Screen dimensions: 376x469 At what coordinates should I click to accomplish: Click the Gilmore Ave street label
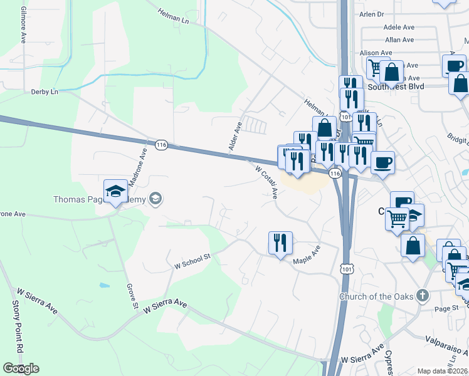[x=23, y=25]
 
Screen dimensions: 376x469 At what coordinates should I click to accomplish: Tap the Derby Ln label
[x=45, y=91]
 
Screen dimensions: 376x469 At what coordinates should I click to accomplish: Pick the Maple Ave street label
[x=307, y=254]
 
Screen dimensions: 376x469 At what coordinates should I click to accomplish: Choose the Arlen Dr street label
[x=371, y=14]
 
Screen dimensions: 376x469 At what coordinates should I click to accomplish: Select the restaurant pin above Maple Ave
[x=280, y=243]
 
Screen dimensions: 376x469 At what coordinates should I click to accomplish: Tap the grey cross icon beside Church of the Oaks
[x=423, y=295]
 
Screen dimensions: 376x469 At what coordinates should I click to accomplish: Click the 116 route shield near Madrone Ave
[x=162, y=145]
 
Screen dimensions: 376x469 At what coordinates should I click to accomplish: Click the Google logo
[x=20, y=368]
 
